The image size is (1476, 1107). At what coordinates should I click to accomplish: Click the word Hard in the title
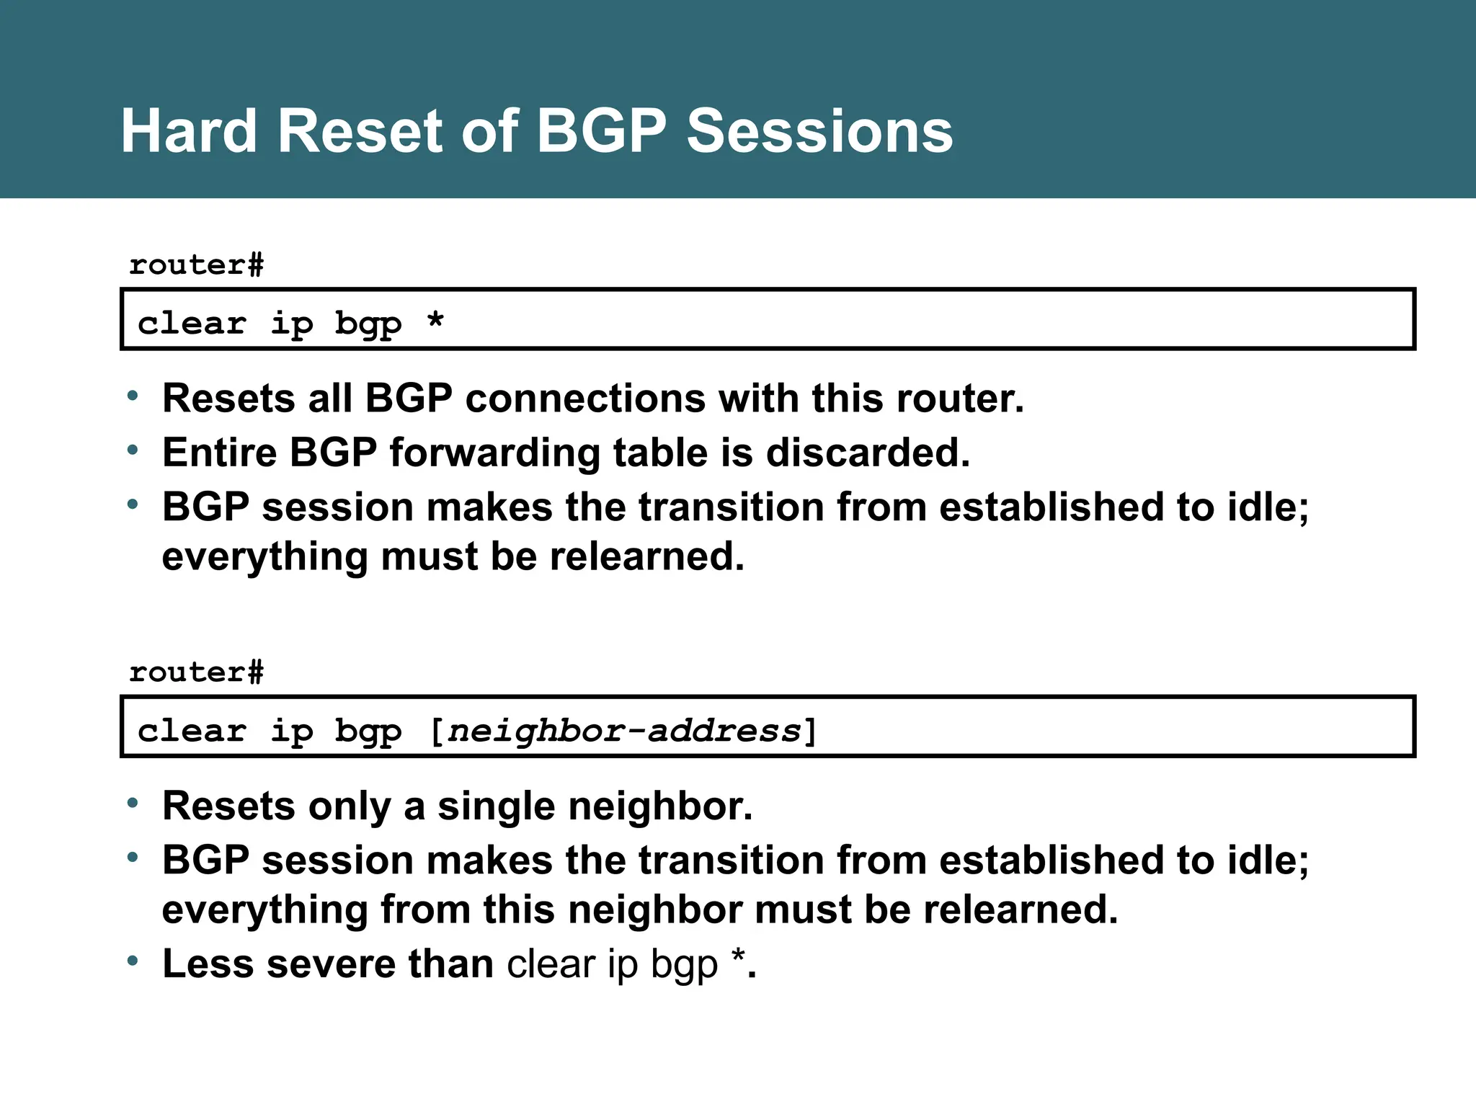pos(189,131)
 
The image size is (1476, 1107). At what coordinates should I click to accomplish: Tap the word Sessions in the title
pos(819,131)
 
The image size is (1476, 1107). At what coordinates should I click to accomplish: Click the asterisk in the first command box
pos(435,321)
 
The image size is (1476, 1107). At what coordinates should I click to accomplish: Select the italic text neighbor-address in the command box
pos(624,731)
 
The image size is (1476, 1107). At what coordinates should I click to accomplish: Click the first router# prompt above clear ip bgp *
pos(196,265)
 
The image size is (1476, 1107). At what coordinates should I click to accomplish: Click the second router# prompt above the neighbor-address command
pos(196,672)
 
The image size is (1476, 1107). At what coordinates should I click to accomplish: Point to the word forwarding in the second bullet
pos(494,453)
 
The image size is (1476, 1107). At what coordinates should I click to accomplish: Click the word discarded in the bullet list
pos(867,453)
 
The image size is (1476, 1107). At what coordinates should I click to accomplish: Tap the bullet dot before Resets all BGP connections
pos(133,396)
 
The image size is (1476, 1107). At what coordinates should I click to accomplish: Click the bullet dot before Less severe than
pos(133,961)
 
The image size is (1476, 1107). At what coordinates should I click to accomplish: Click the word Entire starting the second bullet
pos(220,453)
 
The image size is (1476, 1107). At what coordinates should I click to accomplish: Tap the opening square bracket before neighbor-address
pos(436,731)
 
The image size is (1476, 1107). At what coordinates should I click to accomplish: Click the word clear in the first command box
pos(192,324)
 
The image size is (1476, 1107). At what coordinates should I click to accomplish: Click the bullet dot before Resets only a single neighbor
pos(133,803)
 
